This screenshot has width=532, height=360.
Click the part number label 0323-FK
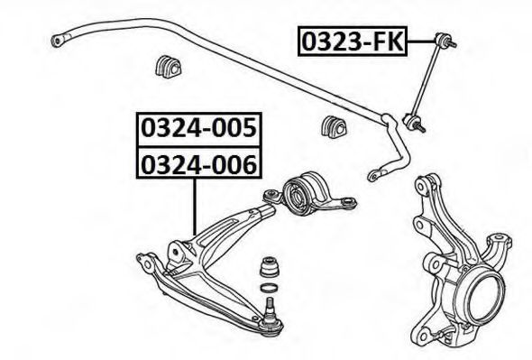pyautogui.click(x=353, y=42)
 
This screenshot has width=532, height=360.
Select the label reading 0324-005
pyautogui.click(x=198, y=129)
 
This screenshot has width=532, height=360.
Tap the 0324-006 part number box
pyautogui.click(x=198, y=163)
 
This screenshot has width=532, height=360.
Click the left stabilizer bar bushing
pyautogui.click(x=169, y=66)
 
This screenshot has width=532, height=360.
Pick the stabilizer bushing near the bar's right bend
pyautogui.click(x=334, y=128)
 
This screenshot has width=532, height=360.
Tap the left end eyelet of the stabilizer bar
pyautogui.click(x=58, y=41)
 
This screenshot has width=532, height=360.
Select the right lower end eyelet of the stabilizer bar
pyautogui.click(x=373, y=176)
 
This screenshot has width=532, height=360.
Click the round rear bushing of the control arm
pyautogui.click(x=298, y=195)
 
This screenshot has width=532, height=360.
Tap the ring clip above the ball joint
pyautogui.click(x=269, y=288)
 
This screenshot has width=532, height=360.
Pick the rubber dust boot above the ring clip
pyautogui.click(x=271, y=266)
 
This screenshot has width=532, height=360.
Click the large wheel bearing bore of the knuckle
pyautogui.click(x=484, y=296)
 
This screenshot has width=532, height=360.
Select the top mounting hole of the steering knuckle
pyautogui.click(x=422, y=186)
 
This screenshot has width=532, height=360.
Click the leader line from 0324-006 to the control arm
pyautogui.click(x=195, y=207)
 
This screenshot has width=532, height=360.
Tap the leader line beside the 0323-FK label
pyautogui.click(x=421, y=42)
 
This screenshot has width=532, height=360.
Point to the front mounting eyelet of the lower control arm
pyautogui.click(x=147, y=263)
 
